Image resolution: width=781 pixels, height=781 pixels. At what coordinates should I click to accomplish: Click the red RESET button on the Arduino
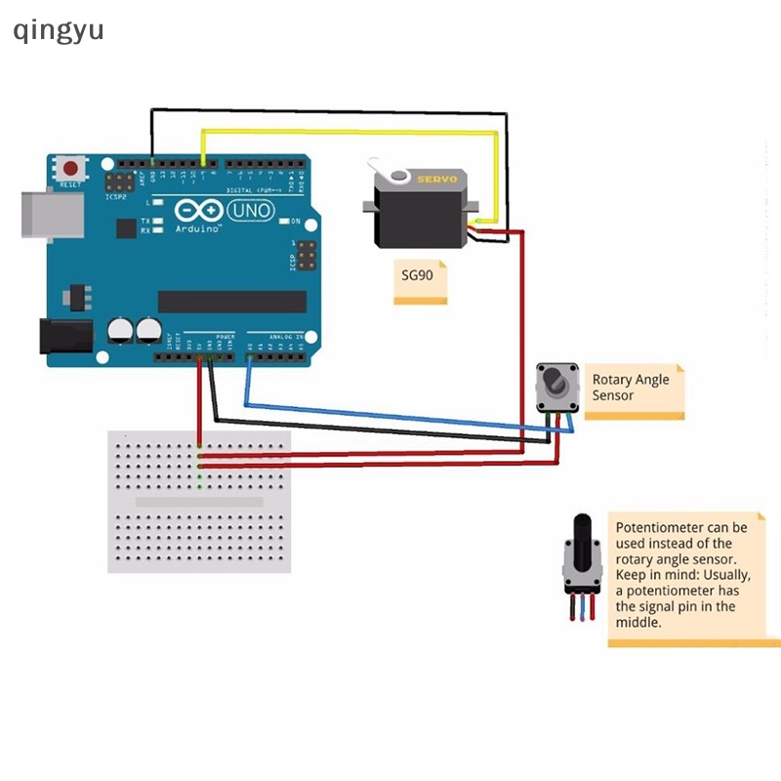(70, 168)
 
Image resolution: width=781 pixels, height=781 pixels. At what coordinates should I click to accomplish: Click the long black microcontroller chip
(232, 302)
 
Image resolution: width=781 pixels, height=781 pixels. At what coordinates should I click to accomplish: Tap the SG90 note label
(420, 277)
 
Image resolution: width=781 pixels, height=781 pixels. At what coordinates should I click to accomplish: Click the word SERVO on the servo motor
(436, 180)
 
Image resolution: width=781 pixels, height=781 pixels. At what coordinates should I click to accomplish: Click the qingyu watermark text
(59, 30)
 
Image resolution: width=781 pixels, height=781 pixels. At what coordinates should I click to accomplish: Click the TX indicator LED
(157, 222)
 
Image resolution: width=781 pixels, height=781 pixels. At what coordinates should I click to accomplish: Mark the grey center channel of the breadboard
(199, 502)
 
